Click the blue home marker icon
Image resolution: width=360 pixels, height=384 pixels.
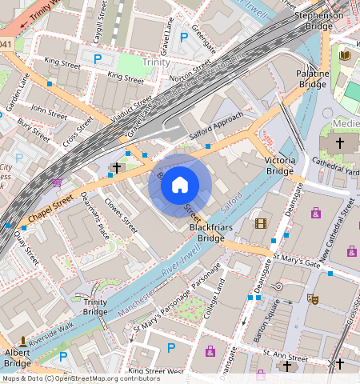click(180, 186)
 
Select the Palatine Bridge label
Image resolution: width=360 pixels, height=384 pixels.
click(313, 78)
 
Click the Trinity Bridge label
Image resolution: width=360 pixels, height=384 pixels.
click(95, 306)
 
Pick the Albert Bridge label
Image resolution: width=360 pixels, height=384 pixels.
click(18, 358)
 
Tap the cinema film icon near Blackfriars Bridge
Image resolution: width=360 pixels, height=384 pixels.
click(259, 223)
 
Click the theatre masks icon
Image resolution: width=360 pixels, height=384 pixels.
click(314, 298)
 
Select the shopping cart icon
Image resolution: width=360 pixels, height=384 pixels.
click(58, 182)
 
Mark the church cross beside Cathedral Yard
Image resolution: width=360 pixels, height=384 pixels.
click(339, 142)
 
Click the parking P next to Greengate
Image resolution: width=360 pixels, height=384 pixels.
click(183, 36)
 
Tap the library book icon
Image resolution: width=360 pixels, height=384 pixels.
click(345, 55)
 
